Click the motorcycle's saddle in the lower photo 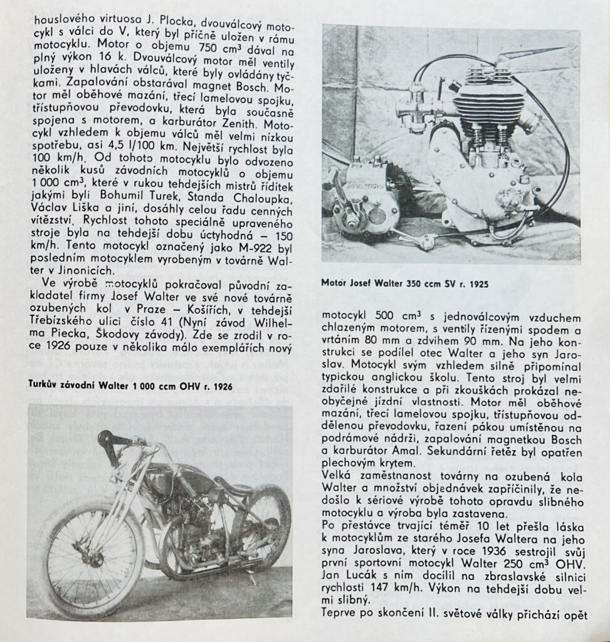point(229,488)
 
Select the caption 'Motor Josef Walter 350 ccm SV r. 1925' point(405,284)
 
